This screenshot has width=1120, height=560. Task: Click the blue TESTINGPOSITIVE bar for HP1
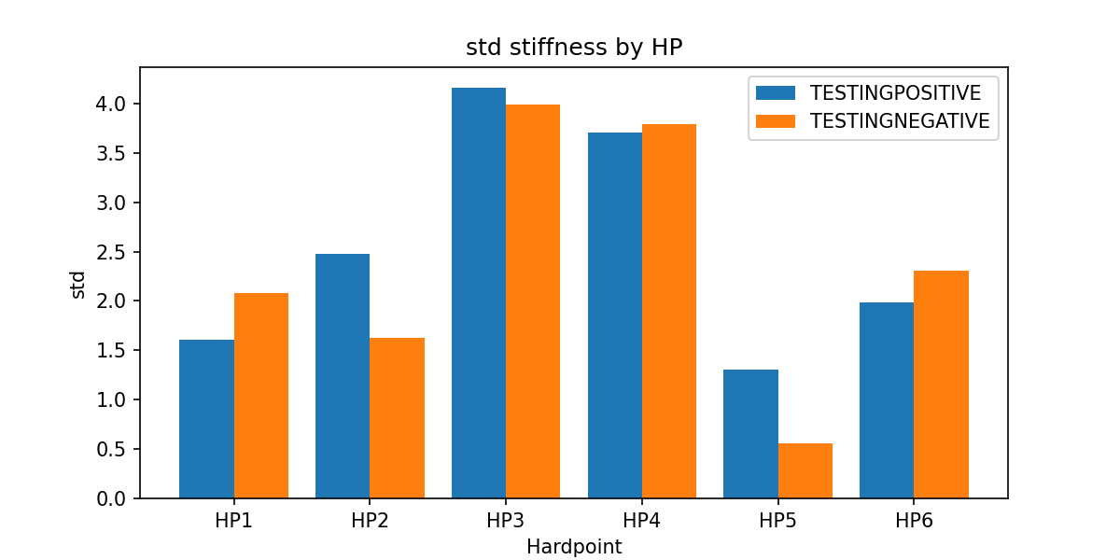pos(206,419)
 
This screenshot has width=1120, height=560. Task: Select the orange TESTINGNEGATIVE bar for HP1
pos(261,396)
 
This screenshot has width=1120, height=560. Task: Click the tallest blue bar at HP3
pos(479,293)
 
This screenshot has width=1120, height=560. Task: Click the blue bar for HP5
pos(751,434)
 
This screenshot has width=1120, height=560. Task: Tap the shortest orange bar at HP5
pos(805,470)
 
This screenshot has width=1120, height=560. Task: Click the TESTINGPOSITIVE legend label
pos(895,93)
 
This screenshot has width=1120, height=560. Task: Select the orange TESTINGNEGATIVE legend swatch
pos(776,121)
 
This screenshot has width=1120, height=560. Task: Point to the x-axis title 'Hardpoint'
pos(574,547)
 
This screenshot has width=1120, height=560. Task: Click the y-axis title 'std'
pos(78,284)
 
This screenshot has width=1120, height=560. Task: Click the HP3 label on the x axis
pos(506,522)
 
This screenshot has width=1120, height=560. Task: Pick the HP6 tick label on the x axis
pos(914,522)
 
